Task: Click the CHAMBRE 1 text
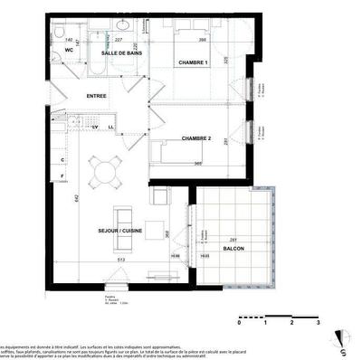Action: tap(192, 62)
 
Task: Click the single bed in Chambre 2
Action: tap(186, 152)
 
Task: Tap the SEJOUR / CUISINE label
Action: tap(122, 232)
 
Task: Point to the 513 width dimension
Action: tap(119, 260)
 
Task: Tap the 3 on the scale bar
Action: tap(318, 321)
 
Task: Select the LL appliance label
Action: tap(110, 127)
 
